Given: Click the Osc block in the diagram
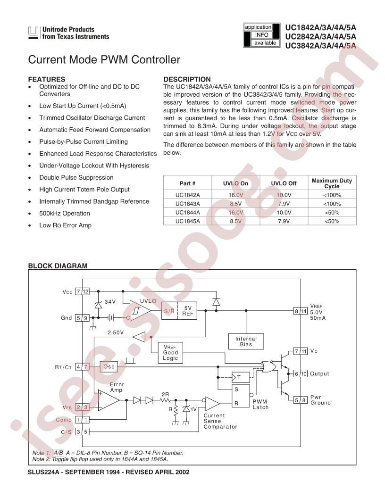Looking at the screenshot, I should click(x=109, y=366).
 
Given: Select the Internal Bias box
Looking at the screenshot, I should click(x=246, y=341).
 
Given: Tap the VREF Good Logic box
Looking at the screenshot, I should click(x=170, y=352).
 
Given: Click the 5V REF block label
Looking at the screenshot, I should click(x=188, y=311).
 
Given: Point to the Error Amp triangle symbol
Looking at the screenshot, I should click(x=109, y=400).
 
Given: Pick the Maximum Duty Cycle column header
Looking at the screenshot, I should click(x=332, y=183).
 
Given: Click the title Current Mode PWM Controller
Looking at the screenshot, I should click(x=104, y=60).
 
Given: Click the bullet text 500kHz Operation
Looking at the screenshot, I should click(x=65, y=213).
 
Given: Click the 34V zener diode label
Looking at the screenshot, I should click(x=110, y=301).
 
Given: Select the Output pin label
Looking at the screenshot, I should click(x=319, y=373).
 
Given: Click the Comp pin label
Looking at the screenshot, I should click(x=64, y=419).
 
